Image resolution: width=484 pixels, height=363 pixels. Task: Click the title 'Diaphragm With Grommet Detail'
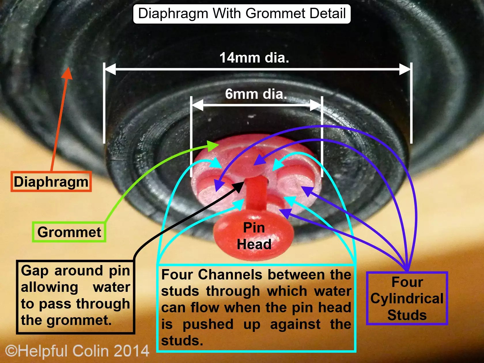(x=242, y=14)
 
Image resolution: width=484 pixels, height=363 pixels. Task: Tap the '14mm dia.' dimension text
(x=254, y=58)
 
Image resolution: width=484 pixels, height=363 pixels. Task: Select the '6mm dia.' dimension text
(x=256, y=94)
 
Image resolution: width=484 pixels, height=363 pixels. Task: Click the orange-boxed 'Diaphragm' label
(x=51, y=182)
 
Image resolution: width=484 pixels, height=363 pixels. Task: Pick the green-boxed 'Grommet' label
(x=69, y=232)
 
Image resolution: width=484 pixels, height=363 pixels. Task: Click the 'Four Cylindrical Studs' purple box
(x=407, y=298)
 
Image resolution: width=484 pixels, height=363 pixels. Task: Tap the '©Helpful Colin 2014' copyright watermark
(x=77, y=351)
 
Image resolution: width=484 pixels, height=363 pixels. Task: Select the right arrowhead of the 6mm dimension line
(x=316, y=105)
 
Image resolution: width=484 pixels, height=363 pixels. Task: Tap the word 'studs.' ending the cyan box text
(x=182, y=341)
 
